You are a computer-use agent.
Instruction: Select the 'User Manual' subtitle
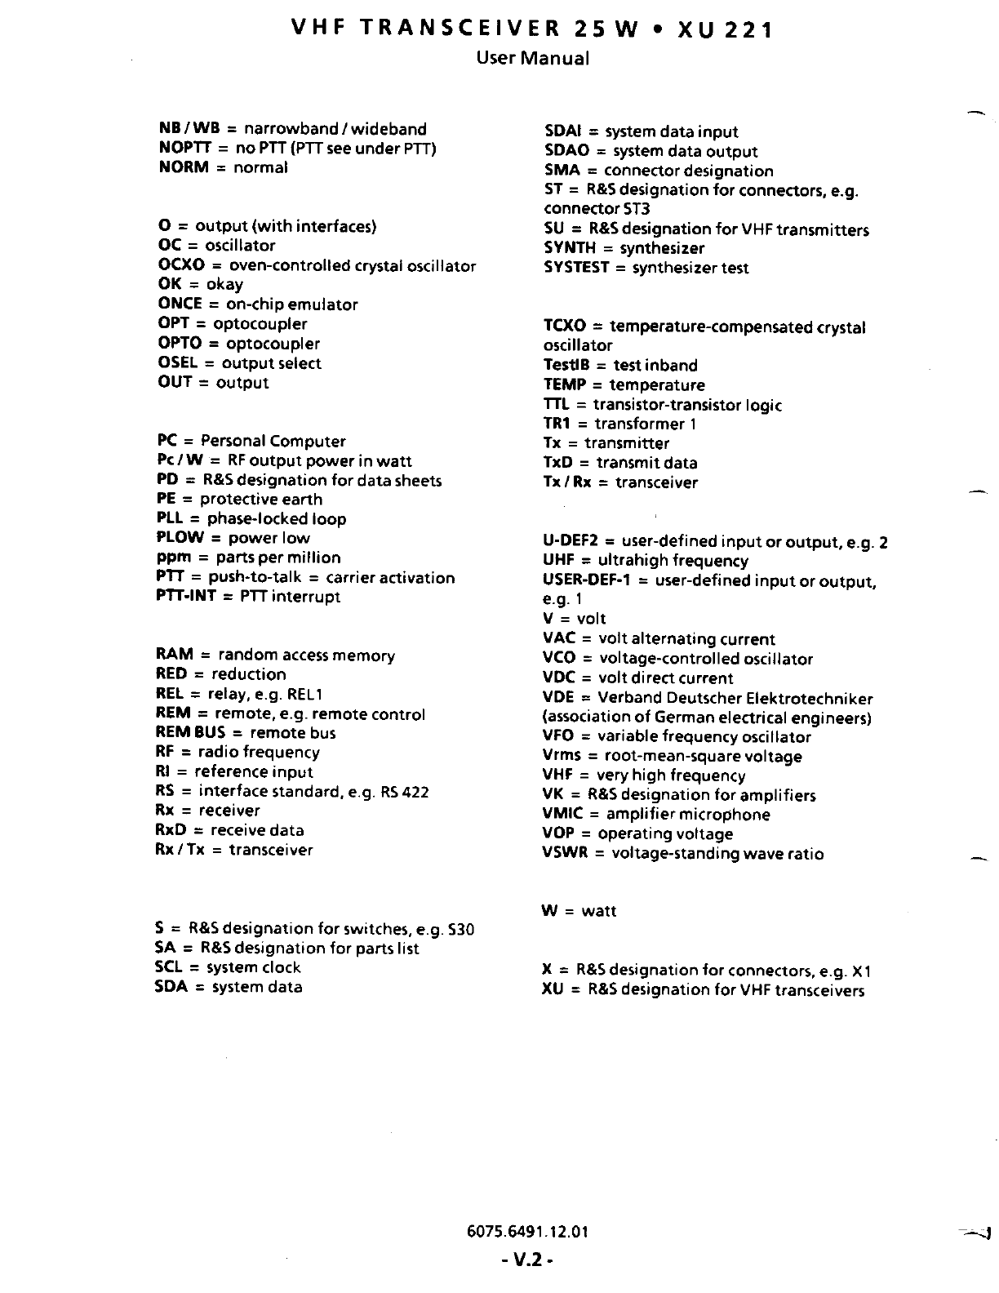532,58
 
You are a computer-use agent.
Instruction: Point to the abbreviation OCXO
181,265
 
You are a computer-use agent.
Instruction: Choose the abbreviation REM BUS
189,733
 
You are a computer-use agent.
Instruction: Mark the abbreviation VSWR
566,854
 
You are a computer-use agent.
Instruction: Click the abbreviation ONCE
180,304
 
